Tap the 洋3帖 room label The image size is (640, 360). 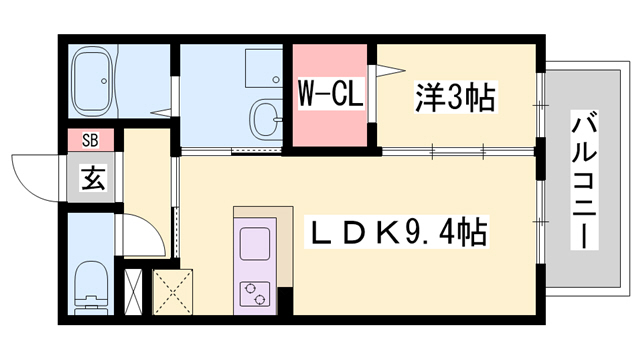pos(454,97)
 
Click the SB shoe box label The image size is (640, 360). pos(90,140)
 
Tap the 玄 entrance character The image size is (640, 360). pos(92,181)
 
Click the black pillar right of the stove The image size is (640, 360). pos(284,297)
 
